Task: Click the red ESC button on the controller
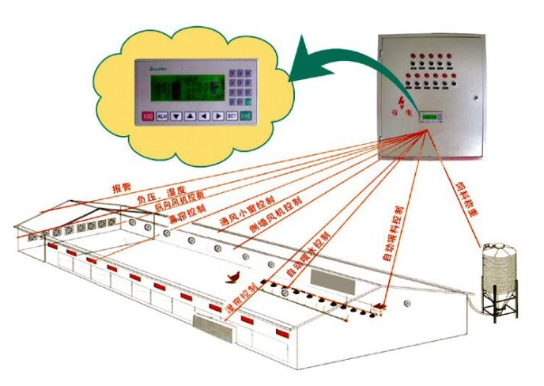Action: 148,116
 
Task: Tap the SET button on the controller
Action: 232,115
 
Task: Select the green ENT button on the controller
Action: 246,115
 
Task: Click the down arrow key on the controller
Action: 176,116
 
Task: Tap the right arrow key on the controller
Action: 217,116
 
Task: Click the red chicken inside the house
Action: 234,276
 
